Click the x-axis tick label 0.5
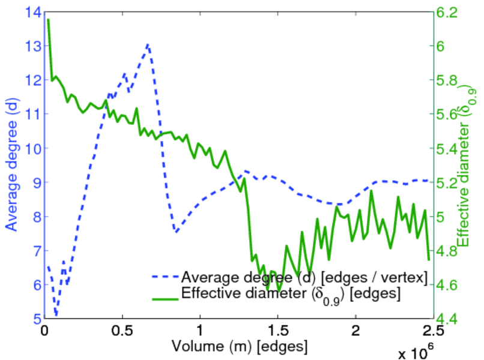tap(122, 331)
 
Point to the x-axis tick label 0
tap(44, 331)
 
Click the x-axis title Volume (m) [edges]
tap(240, 347)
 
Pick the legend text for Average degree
tap(304, 277)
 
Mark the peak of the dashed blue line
tap(148, 44)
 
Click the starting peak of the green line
tap(47, 20)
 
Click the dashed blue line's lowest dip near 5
tap(56, 314)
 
